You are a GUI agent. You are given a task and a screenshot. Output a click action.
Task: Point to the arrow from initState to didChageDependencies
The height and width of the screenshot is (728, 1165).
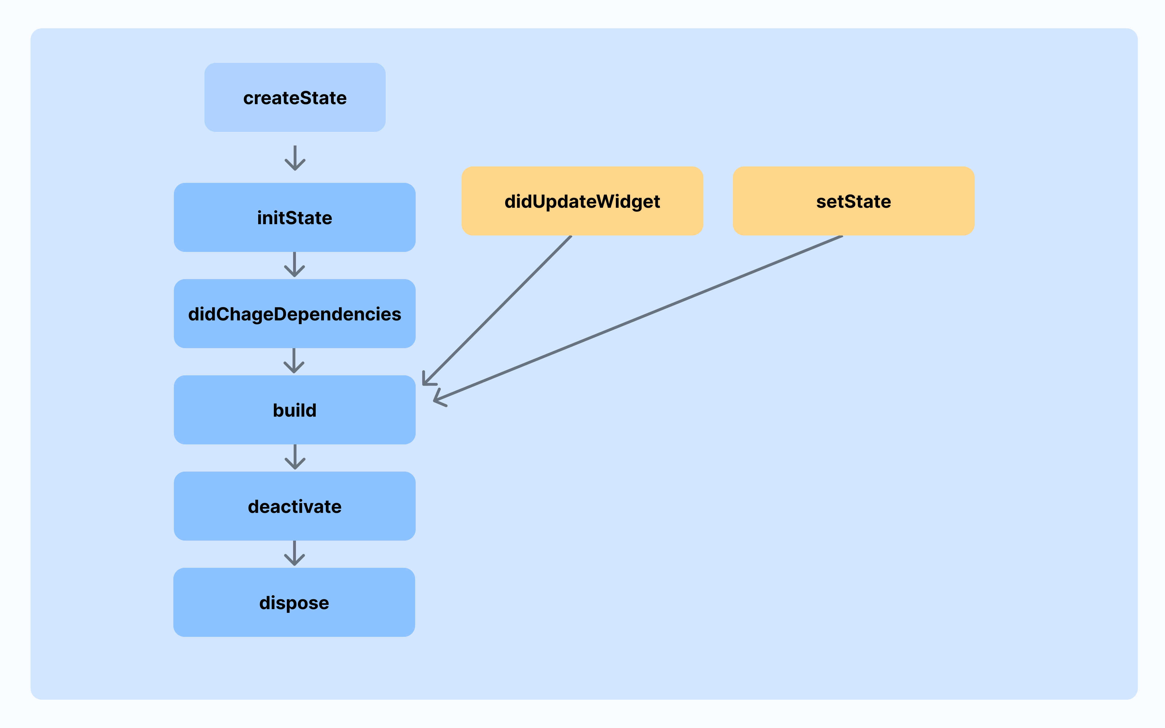point(294,265)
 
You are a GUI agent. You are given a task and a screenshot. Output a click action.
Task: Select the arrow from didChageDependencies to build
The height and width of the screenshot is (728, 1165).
point(294,361)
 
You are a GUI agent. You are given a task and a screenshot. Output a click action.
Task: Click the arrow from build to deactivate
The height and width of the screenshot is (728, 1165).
point(295,457)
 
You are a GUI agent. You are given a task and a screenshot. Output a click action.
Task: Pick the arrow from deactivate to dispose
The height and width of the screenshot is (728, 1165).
point(294,554)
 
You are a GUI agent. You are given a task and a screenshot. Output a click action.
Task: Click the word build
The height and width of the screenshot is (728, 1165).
point(295,410)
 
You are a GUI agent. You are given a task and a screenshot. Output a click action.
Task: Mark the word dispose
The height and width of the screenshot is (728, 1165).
point(294,603)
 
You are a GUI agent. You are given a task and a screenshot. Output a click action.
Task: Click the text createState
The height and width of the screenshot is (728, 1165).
point(295,98)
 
